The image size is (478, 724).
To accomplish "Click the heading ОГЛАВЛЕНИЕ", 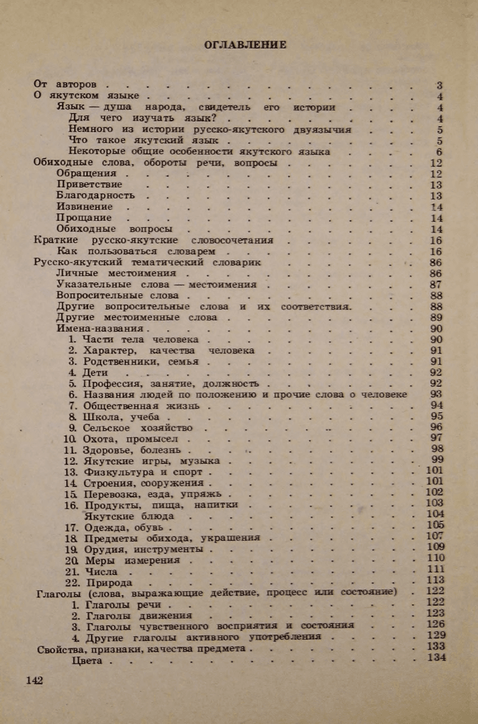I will pyautogui.click(x=245, y=45).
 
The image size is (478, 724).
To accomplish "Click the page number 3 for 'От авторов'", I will pyautogui.click(x=440, y=85).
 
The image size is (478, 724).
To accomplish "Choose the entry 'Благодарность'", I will pyautogui.click(x=96, y=195).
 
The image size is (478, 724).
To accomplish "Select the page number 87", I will pyautogui.click(x=436, y=285).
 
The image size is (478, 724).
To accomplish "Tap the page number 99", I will pyautogui.click(x=436, y=460).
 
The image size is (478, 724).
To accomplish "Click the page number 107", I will pyautogui.click(x=435, y=536).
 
